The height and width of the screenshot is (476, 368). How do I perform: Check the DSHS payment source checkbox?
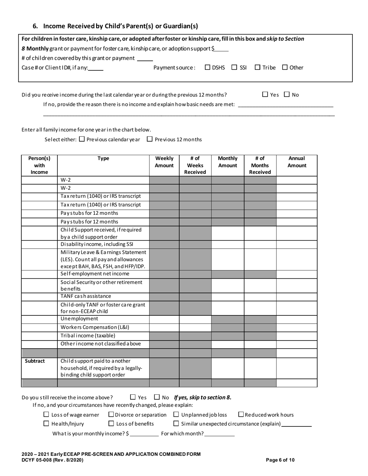[208, 68]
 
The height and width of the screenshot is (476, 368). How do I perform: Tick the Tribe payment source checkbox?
[258, 68]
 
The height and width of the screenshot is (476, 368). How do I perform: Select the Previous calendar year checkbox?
[82, 139]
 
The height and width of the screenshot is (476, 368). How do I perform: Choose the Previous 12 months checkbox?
[150, 139]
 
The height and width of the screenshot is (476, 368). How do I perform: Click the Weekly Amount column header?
[164, 162]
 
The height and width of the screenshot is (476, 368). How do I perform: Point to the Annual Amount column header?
[296, 162]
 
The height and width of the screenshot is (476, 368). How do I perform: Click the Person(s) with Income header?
[39, 165]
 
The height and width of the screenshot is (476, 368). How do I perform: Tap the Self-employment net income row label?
[95, 274]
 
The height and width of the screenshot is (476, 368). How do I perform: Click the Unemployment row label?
[79, 319]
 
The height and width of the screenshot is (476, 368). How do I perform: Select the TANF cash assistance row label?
[86, 296]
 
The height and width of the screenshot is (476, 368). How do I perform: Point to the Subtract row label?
[35, 361]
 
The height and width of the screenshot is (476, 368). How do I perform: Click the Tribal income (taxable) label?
[88, 336]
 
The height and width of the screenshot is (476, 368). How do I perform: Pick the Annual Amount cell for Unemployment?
[296, 319]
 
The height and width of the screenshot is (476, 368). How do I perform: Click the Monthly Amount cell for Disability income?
[227, 245]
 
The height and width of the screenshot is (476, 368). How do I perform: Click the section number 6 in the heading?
[35, 26]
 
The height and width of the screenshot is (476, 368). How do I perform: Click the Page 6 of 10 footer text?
[280, 460]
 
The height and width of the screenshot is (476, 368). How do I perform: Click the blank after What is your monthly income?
[144, 433]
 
